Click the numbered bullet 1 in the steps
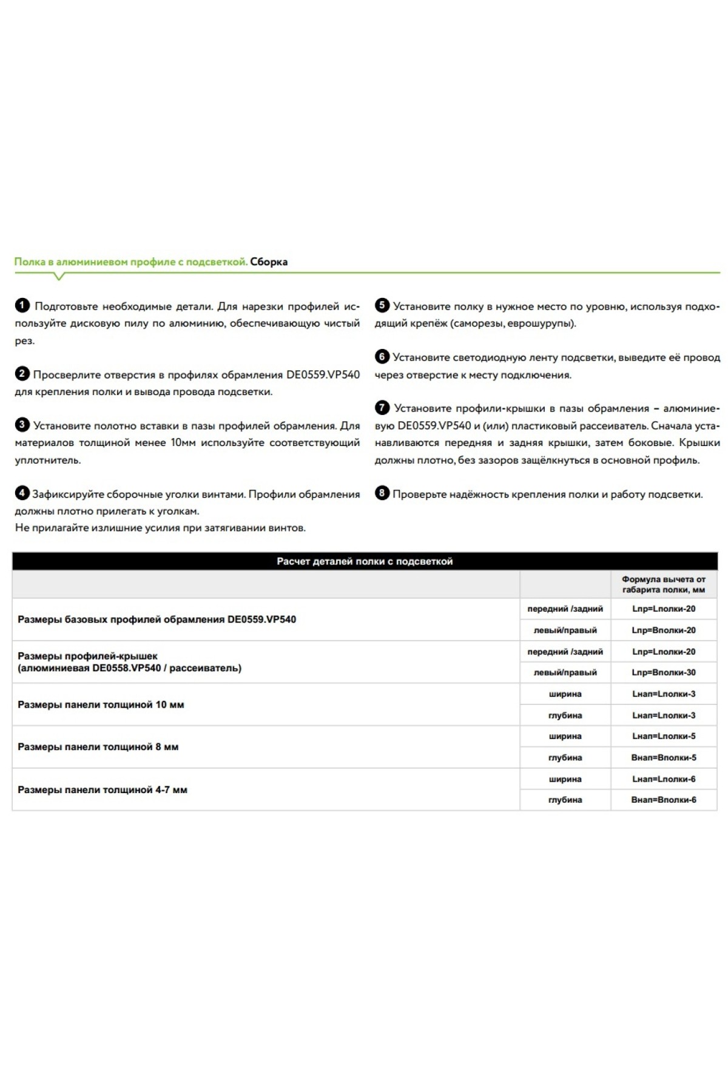[x=22, y=306]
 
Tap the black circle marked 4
[x=22, y=493]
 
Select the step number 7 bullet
[x=382, y=408]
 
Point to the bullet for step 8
[x=382, y=493]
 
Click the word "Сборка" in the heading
[x=269, y=262]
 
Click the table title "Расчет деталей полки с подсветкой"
[x=365, y=561]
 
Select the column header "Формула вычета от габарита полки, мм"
[x=664, y=584]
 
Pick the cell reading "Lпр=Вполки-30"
[x=664, y=672]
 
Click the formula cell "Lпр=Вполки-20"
[x=664, y=630]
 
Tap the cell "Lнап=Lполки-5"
[x=664, y=736]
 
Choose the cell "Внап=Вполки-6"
[x=664, y=800]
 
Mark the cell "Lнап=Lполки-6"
[x=664, y=779]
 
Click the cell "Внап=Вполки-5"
[x=664, y=757]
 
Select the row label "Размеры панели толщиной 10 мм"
[x=101, y=705]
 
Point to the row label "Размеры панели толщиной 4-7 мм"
[x=103, y=789]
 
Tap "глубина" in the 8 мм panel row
[x=565, y=757]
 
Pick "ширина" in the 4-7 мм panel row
[x=565, y=779]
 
